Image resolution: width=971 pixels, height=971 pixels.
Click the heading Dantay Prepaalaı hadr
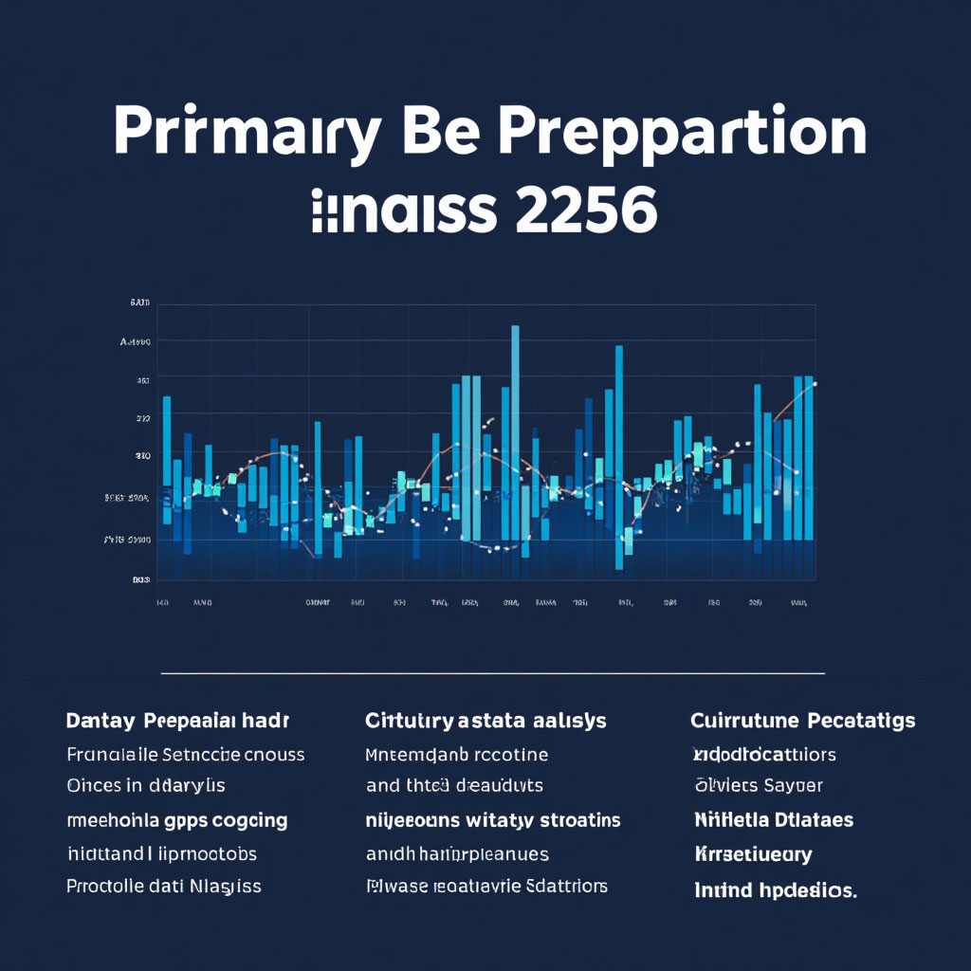tap(177, 722)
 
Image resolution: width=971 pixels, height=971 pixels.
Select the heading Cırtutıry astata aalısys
tap(485, 722)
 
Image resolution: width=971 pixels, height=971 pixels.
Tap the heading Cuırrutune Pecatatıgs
tap(803, 721)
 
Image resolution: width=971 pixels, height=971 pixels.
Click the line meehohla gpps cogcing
tap(177, 820)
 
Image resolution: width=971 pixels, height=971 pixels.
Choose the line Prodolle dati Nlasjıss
tap(164, 887)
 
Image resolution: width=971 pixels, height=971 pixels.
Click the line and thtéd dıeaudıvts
tap(453, 786)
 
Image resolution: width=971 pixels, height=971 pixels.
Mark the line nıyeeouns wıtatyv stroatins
tap(493, 820)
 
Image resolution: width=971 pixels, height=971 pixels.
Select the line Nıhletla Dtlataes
tap(774, 820)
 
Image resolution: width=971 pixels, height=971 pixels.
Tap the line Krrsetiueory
tap(753, 854)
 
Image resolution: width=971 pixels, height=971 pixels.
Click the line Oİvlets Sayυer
tap(759, 786)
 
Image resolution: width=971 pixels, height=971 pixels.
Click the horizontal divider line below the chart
tap(493, 674)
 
